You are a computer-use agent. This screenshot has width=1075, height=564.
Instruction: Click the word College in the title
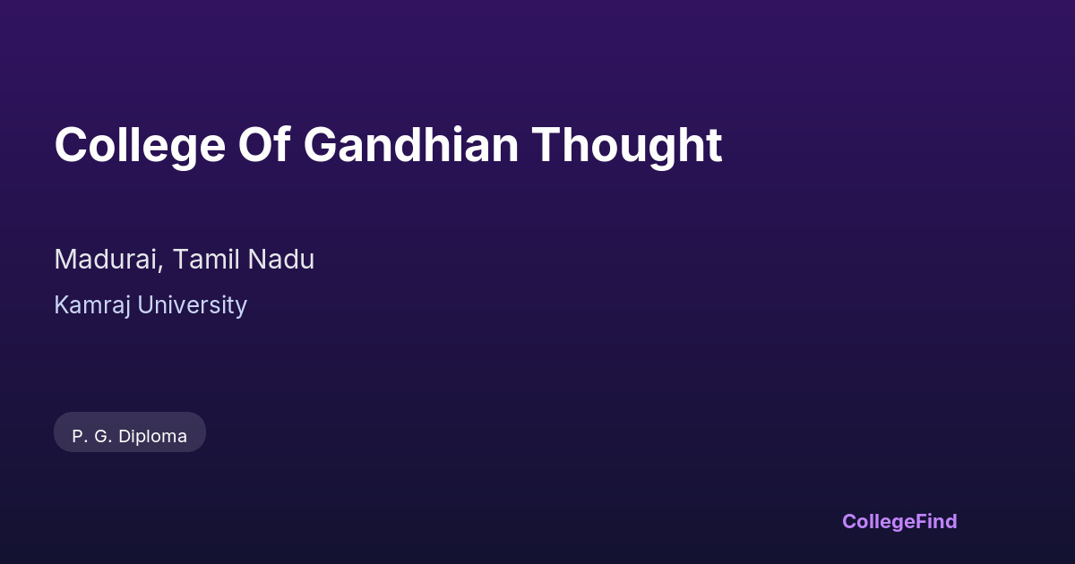click(140, 146)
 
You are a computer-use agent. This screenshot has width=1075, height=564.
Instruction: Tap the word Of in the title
click(264, 144)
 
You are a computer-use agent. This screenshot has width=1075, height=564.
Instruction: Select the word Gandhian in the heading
click(411, 144)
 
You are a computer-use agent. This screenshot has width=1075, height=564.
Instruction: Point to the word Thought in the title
click(627, 146)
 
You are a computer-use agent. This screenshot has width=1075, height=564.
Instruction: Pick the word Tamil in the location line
click(206, 259)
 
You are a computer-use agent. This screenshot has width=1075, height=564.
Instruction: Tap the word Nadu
click(281, 259)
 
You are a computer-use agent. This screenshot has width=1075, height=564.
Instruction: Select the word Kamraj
click(92, 306)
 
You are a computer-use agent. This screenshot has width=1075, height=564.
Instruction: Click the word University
click(192, 306)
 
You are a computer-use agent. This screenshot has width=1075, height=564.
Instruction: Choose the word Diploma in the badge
click(152, 437)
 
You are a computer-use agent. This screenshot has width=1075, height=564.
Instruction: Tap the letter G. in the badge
click(103, 437)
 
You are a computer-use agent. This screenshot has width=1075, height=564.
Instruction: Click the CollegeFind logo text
click(899, 522)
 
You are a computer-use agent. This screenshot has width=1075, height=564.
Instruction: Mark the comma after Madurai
click(160, 267)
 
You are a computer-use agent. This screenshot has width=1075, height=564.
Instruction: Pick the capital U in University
click(145, 305)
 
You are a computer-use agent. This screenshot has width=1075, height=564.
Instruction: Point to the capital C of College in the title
click(72, 144)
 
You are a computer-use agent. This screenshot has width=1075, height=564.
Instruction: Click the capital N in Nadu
click(257, 259)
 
